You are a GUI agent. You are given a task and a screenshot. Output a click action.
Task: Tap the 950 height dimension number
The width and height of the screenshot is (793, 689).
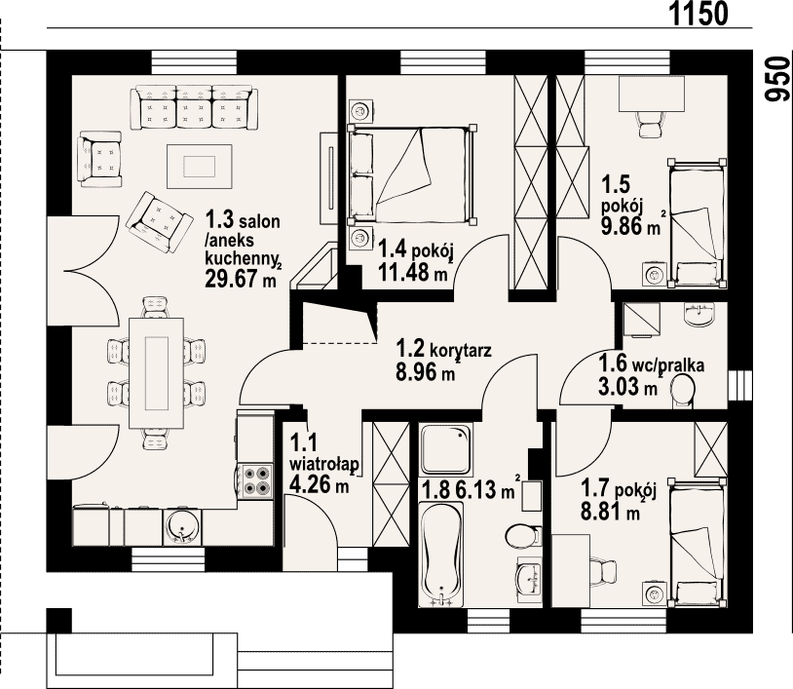point(777,78)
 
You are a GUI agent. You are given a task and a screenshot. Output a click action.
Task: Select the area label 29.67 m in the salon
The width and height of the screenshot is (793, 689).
point(241,278)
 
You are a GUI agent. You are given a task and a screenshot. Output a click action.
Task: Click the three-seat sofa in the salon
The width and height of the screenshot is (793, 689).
point(194,108)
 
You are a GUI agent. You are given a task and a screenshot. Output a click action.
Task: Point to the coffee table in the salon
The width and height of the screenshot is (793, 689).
point(200,166)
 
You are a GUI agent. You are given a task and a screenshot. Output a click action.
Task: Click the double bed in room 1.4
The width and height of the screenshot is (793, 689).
point(411,174)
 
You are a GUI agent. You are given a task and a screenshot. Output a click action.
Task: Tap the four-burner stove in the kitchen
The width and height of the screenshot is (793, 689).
point(256,480)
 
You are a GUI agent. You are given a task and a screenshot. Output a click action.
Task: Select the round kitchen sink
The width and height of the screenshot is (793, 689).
point(181,526)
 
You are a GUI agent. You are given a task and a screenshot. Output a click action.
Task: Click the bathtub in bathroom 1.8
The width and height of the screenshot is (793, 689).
point(440,554)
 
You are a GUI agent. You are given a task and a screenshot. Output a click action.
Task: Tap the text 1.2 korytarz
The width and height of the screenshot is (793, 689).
point(443,349)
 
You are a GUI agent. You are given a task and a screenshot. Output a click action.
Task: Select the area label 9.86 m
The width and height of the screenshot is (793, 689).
point(630,226)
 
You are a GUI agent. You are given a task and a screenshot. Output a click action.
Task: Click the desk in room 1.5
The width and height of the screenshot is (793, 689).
point(652,94)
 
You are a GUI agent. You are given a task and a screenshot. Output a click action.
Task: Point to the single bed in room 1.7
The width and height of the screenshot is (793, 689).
point(697,542)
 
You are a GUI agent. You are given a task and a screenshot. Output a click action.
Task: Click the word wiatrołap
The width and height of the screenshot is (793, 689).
point(324,465)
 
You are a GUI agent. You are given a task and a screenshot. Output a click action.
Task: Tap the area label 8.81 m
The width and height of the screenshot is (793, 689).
point(611,512)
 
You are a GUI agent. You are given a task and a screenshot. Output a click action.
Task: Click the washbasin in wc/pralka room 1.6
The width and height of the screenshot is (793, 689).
point(699,314)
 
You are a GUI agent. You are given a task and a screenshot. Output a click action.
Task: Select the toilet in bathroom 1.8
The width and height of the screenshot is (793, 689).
point(523,536)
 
